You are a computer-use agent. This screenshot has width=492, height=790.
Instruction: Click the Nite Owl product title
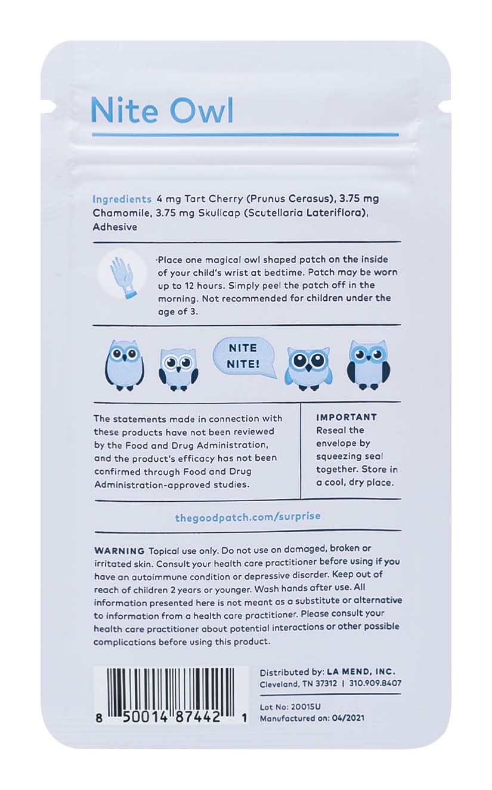click(x=162, y=110)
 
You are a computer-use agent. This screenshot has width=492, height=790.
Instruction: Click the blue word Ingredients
click(x=122, y=199)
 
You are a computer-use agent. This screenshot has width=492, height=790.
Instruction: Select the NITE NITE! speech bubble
click(x=243, y=356)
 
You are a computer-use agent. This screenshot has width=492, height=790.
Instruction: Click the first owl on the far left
click(x=124, y=365)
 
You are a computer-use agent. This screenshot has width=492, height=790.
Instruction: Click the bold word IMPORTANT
click(x=347, y=417)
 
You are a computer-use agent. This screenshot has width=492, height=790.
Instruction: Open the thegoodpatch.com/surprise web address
click(x=243, y=517)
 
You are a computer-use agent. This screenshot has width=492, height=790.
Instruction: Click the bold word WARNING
click(x=119, y=550)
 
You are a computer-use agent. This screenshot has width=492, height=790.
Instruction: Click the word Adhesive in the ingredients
click(x=115, y=227)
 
